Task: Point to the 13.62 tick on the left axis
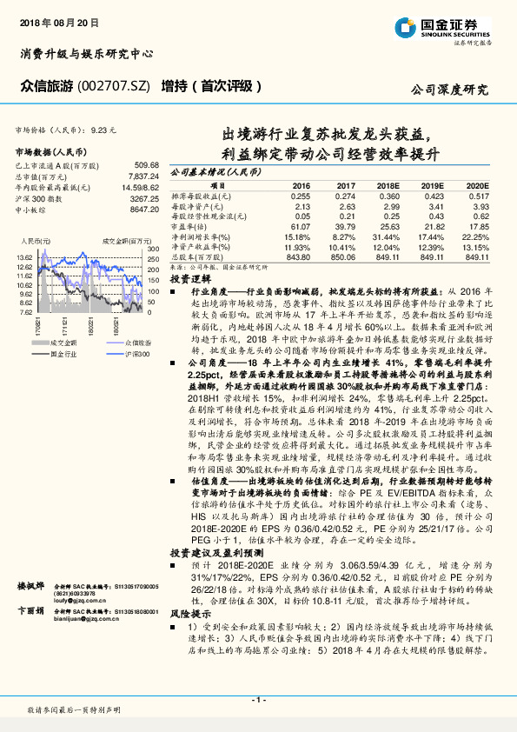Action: pos(24,258)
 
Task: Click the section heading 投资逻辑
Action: pos(188,281)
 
